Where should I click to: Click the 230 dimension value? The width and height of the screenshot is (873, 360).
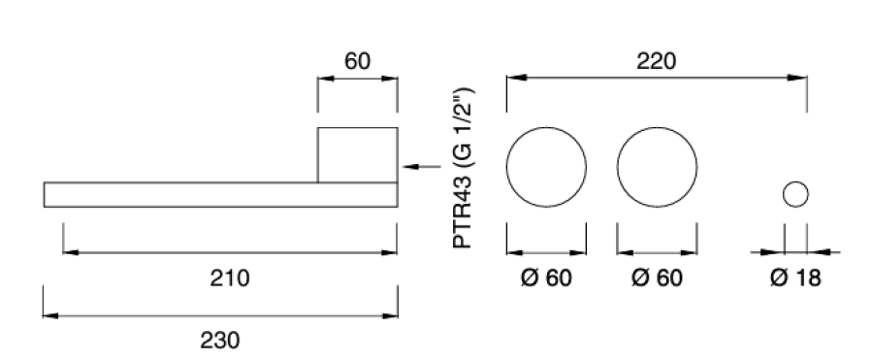pyautogui.click(x=220, y=340)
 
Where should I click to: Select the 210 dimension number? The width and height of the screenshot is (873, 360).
pyautogui.click(x=229, y=278)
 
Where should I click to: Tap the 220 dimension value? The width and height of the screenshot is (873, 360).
pyautogui.click(x=657, y=61)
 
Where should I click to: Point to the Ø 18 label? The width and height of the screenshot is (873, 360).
pyautogui.click(x=795, y=278)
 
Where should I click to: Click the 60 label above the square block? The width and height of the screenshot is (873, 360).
pyautogui.click(x=357, y=61)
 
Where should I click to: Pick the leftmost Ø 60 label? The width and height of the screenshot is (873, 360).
pyautogui.click(x=546, y=278)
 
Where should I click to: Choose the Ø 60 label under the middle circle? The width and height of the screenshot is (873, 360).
pyautogui.click(x=657, y=278)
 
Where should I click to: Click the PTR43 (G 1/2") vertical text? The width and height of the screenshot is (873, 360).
pyautogui.click(x=464, y=168)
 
